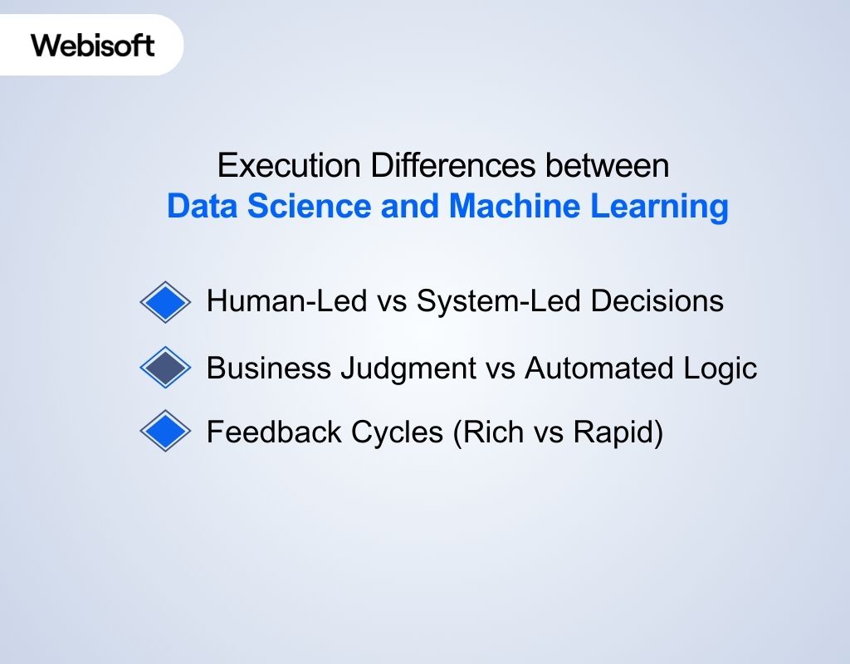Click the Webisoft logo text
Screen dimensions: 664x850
93,45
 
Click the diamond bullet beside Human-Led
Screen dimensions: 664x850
166,301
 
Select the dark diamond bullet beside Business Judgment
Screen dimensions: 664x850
166,367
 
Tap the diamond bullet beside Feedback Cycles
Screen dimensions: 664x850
166,432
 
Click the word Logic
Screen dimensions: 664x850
722,367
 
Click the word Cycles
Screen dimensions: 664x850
398,432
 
